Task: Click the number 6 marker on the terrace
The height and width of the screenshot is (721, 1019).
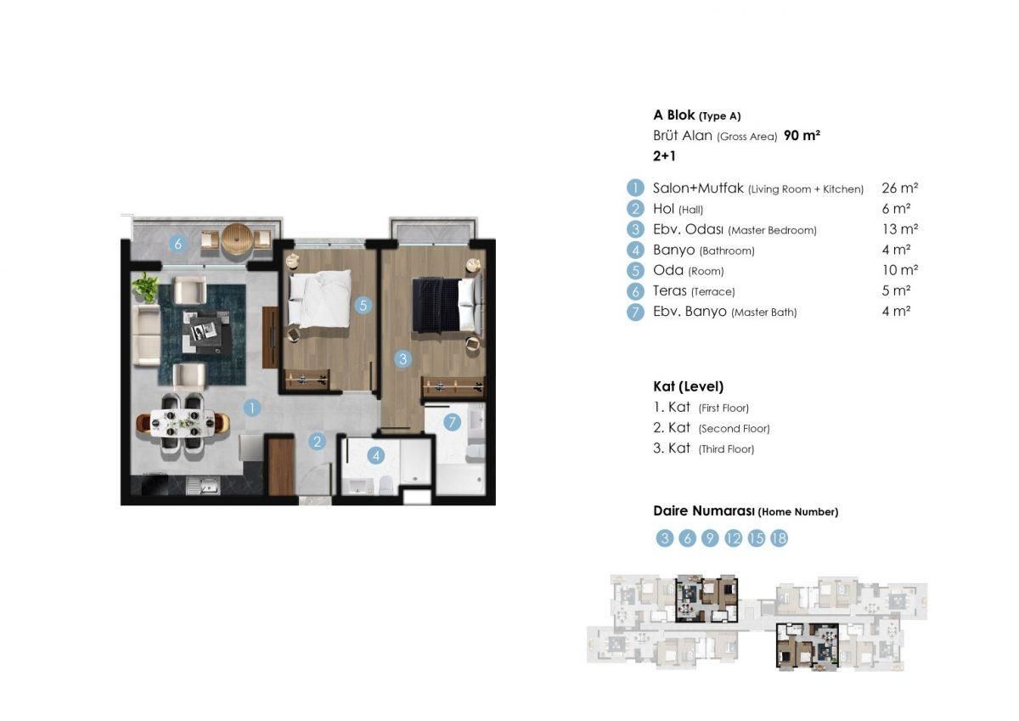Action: click(x=177, y=244)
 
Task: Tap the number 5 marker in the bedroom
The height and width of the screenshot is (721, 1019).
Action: click(x=363, y=305)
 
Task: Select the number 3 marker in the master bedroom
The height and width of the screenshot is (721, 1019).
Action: click(x=403, y=359)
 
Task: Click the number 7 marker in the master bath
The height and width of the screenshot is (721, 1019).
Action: click(x=453, y=421)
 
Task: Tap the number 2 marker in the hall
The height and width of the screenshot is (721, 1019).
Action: click(x=317, y=442)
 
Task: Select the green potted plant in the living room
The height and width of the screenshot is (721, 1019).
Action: click(x=146, y=287)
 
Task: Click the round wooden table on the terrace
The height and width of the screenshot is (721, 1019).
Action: click(x=238, y=239)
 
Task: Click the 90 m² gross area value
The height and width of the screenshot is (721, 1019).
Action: click(x=802, y=136)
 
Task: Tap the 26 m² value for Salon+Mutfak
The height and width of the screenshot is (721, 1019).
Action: click(x=900, y=189)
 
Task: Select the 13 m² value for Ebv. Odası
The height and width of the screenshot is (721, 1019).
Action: click(x=900, y=229)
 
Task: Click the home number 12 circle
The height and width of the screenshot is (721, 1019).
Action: click(x=734, y=538)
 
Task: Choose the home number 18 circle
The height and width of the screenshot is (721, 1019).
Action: click(x=779, y=538)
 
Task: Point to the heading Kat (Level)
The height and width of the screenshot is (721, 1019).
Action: click(x=688, y=386)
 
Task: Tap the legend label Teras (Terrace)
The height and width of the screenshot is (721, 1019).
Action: click(x=694, y=291)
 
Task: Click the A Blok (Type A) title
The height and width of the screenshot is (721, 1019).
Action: click(x=696, y=115)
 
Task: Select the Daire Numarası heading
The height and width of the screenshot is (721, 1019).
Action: click(x=745, y=511)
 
